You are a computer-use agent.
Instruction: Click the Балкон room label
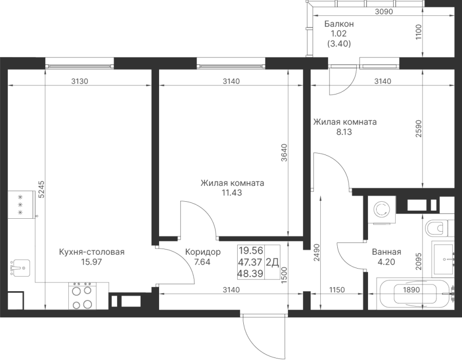pos(339,24)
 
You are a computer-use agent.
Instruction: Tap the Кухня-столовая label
pos(92,252)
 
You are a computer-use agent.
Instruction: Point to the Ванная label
pos(386,252)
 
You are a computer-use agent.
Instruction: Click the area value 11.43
pos(232,193)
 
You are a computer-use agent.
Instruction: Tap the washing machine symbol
pos(381,210)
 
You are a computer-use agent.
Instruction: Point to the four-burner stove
pos(83,297)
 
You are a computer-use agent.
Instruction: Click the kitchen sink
pos(20,267)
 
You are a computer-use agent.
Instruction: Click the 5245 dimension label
pos(41,188)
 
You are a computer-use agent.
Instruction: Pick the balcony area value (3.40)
pos(339,44)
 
